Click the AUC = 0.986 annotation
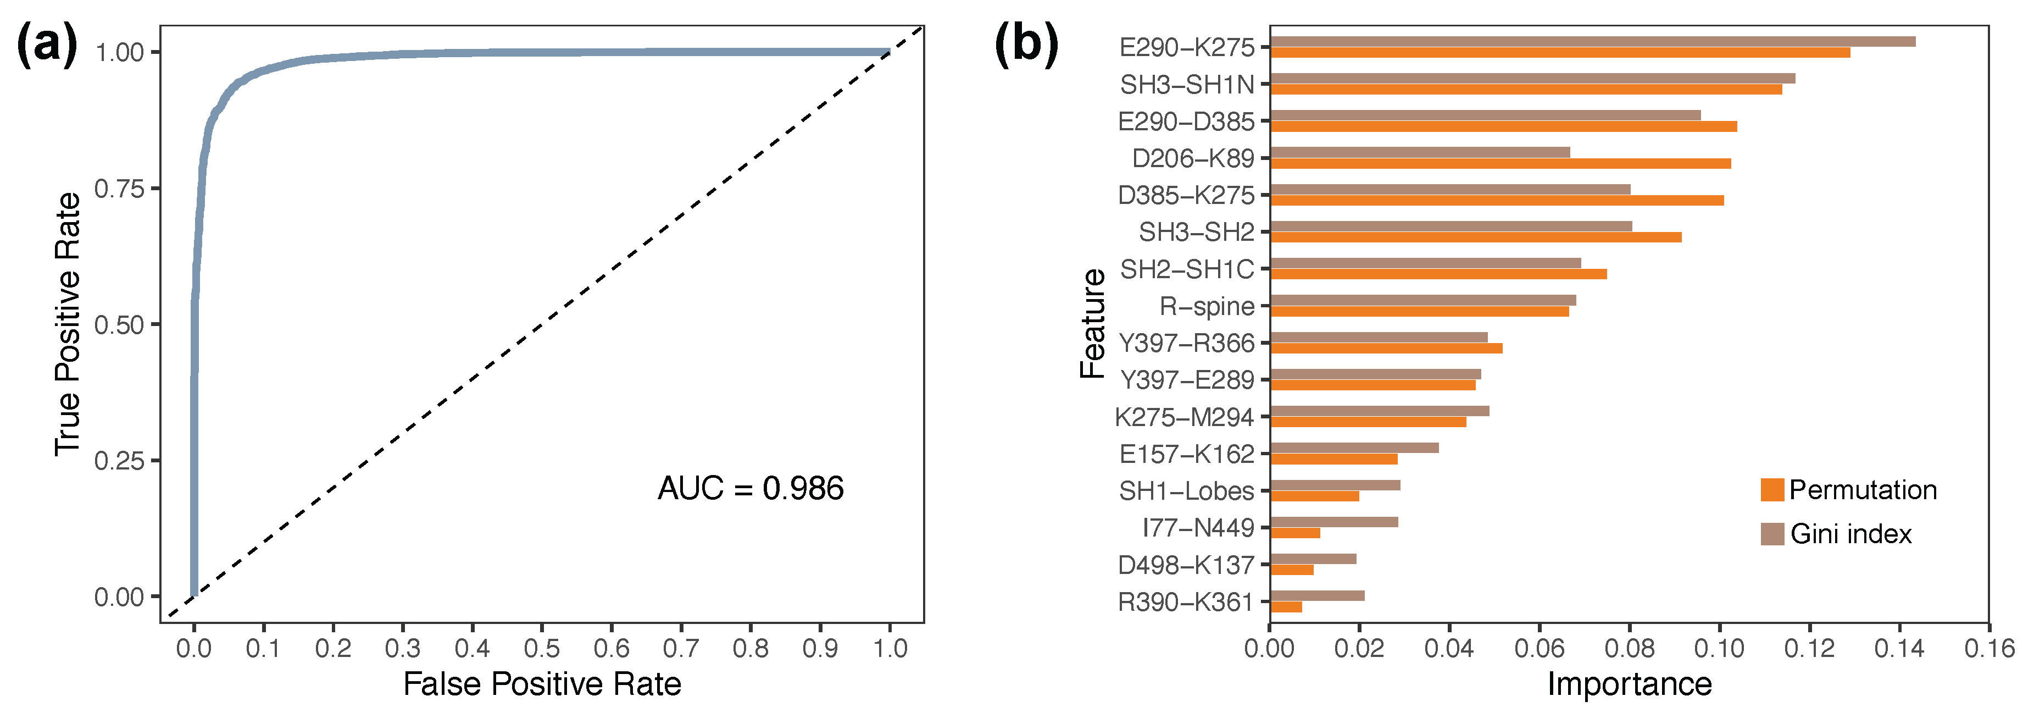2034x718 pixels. point(750,488)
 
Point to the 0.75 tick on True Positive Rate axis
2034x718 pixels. point(119,189)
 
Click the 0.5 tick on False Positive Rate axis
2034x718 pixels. point(542,649)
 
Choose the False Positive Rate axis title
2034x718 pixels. point(542,684)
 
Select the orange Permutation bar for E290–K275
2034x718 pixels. point(1559,53)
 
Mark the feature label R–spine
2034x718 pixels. point(1207,306)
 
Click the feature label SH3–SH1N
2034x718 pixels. point(1187,85)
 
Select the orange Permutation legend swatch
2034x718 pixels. point(1772,490)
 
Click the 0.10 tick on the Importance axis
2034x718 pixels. point(1719,649)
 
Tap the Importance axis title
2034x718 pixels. point(1629,684)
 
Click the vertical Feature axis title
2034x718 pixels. point(1093,324)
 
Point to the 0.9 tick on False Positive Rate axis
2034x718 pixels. point(820,649)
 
